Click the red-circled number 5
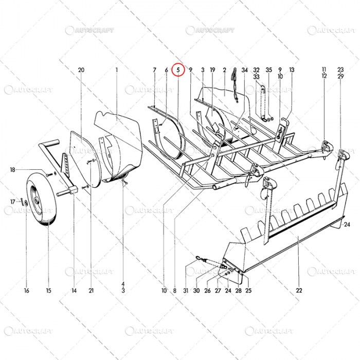[178, 69]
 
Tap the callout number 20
[81, 69]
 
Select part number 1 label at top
[117, 69]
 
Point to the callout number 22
[299, 291]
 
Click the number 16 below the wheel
[26, 291]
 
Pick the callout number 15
[48, 291]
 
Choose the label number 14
[74, 291]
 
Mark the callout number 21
[91, 291]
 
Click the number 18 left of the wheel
[12, 170]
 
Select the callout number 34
[244, 69]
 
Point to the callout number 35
[268, 69]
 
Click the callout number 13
[292, 69]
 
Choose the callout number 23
[340, 69]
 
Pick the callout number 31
[186, 291]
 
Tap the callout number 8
[175, 291]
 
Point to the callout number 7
[154, 69]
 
